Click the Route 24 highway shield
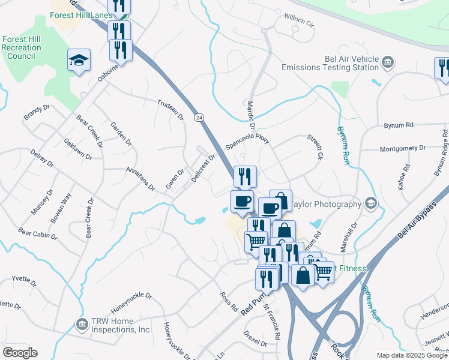pyautogui.click(x=197, y=118)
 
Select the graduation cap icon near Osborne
pyautogui.click(x=79, y=60)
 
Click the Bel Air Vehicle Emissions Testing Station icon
pyautogui.click(x=388, y=62)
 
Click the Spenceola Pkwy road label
pyautogui.click(x=248, y=144)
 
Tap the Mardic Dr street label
pyautogui.click(x=252, y=115)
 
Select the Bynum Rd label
pyautogui.click(x=399, y=125)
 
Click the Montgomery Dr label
pyautogui.click(x=402, y=148)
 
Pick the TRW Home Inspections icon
pyautogui.click(x=80, y=325)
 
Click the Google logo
pyautogui.click(x=20, y=353)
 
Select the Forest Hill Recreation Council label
pyautogui.click(x=21, y=47)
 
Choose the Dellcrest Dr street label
pyautogui.click(x=203, y=169)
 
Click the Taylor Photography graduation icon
pyautogui.click(x=371, y=204)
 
